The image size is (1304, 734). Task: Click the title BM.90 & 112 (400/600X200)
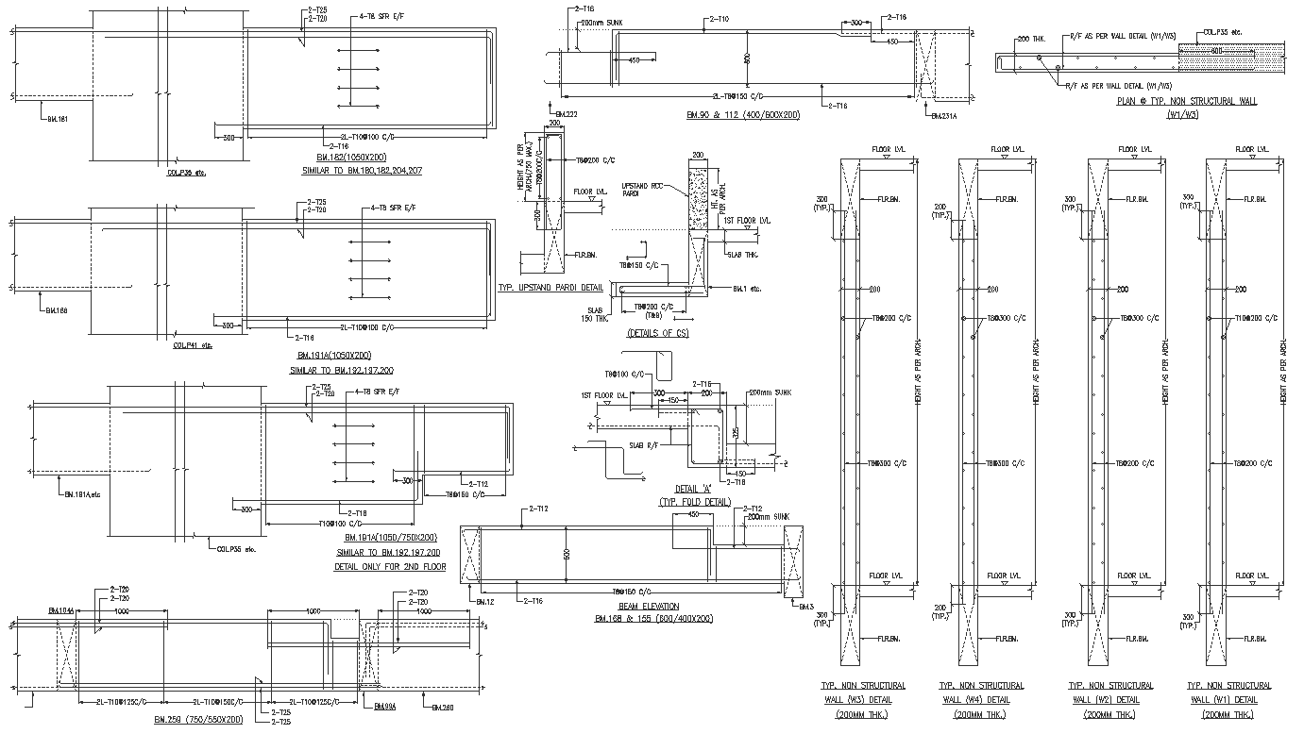coord(743,114)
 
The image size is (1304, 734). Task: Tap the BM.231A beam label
coord(943,116)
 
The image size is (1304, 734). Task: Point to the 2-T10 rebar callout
coord(718,19)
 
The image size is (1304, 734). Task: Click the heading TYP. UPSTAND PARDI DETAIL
coord(550,288)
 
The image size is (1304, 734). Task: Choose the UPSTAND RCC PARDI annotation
coord(641,190)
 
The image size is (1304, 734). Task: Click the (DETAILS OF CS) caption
coord(657,333)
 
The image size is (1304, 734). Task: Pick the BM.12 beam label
coord(483,601)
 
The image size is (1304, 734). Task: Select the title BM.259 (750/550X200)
coord(197,719)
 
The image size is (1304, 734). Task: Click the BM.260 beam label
coord(442,707)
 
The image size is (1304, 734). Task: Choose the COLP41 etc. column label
coord(193,345)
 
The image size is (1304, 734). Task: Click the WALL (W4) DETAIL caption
coord(974,700)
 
